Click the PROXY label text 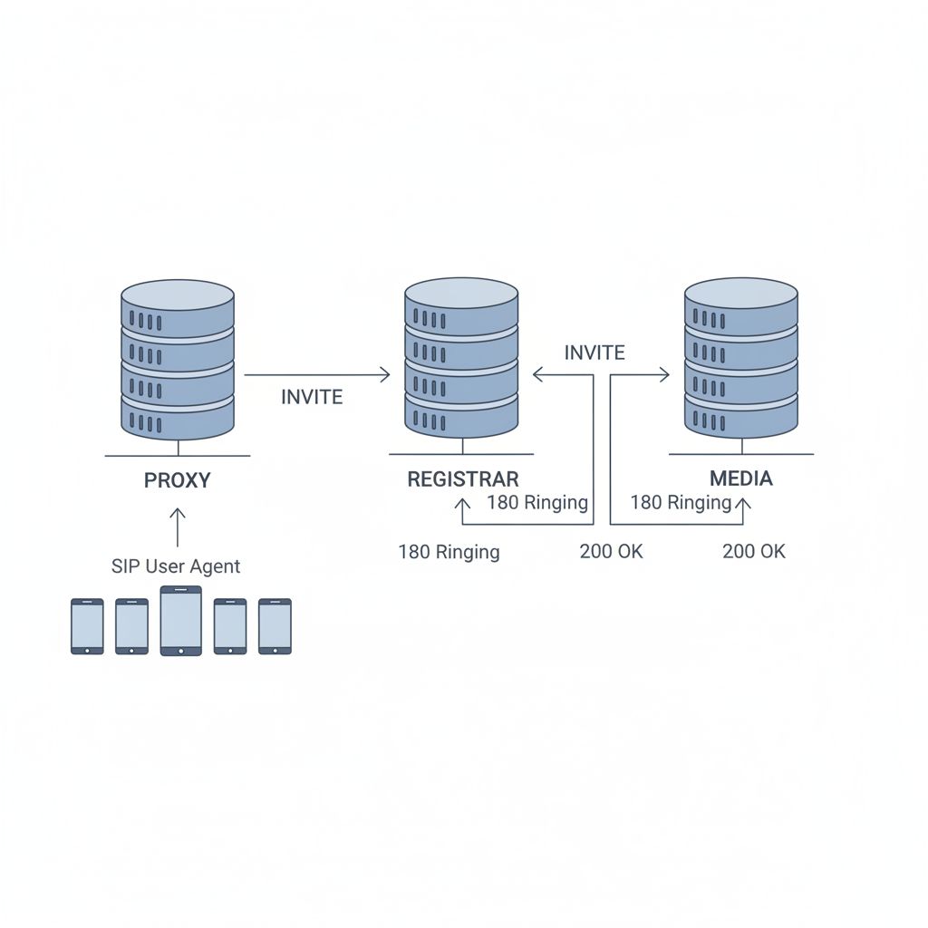point(177,480)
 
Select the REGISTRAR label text point(463,478)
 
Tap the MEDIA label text point(741,478)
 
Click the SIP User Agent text point(176,566)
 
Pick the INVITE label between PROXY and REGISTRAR point(312,397)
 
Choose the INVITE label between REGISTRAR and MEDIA point(594,353)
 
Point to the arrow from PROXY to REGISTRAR point(317,374)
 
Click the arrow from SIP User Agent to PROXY point(178,527)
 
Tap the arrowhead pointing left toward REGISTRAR point(537,374)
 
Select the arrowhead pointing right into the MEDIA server point(664,374)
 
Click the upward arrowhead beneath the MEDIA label point(743,504)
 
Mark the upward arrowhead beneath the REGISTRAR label point(462,504)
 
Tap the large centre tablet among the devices point(181,621)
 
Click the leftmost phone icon point(88,626)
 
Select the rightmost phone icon point(275,626)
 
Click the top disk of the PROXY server point(178,308)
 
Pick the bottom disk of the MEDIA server point(741,416)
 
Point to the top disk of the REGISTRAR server point(461,306)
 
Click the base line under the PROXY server point(178,456)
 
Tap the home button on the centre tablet point(181,652)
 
